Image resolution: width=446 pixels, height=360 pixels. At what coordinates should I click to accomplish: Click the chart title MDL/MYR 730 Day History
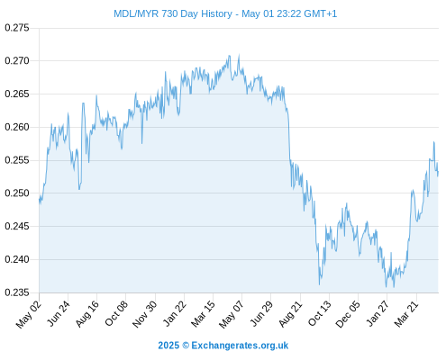point(173,13)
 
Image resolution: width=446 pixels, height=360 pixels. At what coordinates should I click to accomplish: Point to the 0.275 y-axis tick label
point(17,28)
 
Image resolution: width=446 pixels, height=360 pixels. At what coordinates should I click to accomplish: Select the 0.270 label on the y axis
point(17,61)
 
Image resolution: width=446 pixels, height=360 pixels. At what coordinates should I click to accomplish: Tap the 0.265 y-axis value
point(17,94)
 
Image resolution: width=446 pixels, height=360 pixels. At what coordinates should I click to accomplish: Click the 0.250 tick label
point(17,193)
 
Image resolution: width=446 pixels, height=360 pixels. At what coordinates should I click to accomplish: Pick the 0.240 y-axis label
point(17,259)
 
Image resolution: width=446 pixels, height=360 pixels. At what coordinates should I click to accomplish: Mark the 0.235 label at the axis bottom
point(17,292)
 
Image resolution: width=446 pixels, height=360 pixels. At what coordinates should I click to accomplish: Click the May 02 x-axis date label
point(29,314)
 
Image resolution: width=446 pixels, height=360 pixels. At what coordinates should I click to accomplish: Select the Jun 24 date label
point(59,313)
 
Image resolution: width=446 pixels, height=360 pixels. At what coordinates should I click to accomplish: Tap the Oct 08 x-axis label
point(116,313)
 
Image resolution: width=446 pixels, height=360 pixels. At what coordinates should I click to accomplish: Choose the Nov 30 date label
point(145,314)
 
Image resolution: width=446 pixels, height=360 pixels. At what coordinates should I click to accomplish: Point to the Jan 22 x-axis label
point(175,313)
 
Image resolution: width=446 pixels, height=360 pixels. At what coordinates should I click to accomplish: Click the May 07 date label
point(232,314)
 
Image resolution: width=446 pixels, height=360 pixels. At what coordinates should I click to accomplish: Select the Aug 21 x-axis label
point(291,313)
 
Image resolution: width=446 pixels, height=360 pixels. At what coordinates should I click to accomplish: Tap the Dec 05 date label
point(348,314)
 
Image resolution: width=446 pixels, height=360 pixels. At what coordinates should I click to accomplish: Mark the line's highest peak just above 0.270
point(239,55)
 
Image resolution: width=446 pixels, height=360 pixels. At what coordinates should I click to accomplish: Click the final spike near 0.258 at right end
point(433,142)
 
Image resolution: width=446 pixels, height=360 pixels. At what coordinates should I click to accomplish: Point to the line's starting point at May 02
point(40,201)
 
